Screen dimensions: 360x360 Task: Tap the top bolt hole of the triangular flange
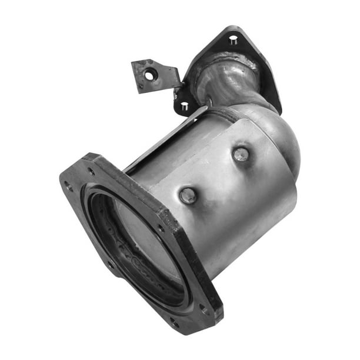233,41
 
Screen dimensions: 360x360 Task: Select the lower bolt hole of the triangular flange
184,106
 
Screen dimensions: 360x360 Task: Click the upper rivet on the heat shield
240,155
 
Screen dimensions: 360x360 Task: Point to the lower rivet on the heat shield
188,195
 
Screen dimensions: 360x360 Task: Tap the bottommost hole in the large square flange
174,322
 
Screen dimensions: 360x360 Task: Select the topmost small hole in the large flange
92,172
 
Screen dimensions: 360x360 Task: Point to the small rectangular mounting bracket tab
155,75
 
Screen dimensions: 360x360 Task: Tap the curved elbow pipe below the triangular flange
229,85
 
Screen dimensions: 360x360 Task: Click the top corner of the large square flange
91,156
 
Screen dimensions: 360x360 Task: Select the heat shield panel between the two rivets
215,176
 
